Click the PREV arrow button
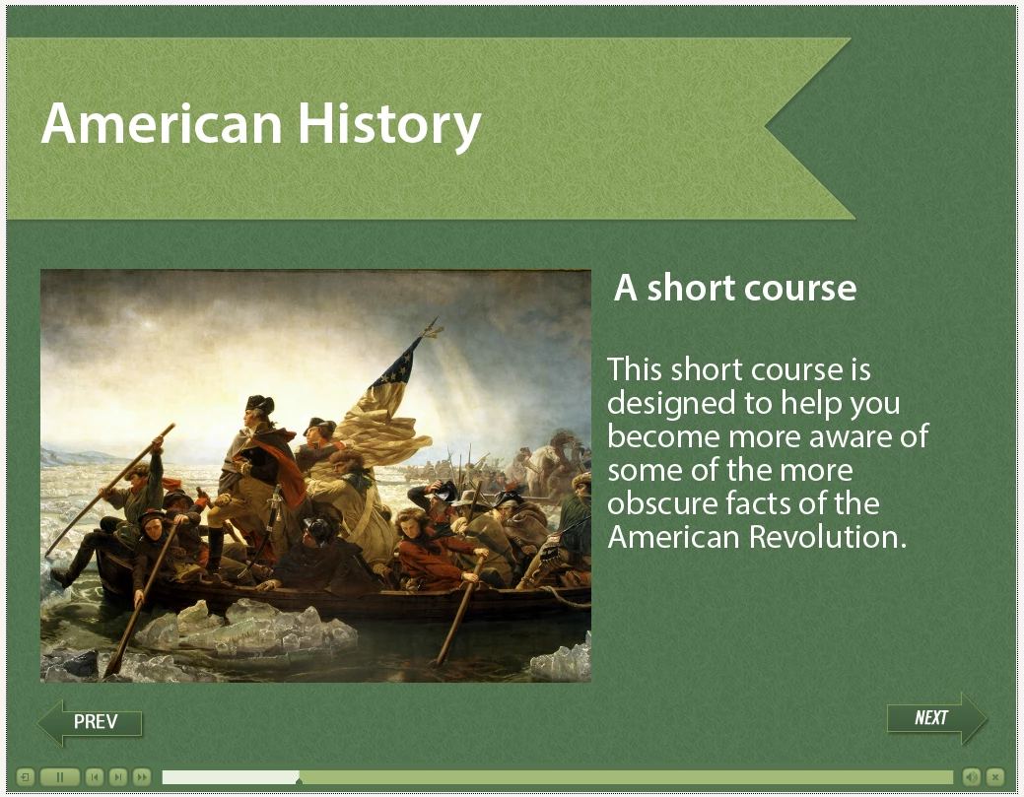(90, 722)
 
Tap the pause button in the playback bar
(59, 776)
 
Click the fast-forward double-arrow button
(142, 776)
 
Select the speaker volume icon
(971, 776)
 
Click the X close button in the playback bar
(994, 776)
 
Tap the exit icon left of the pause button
(25, 776)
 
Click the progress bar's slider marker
(299, 780)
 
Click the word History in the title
(389, 125)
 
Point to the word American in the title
(162, 123)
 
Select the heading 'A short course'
(734, 288)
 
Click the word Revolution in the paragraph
(828, 537)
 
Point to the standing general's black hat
(259, 405)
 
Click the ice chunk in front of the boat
(248, 628)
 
